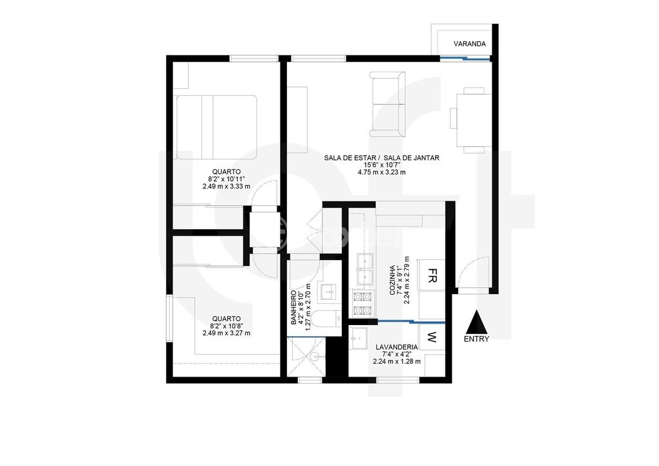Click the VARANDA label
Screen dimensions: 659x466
point(469,44)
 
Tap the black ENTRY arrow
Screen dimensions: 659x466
point(476,322)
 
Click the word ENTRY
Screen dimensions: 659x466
point(477,339)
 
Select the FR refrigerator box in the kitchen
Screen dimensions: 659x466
point(431,275)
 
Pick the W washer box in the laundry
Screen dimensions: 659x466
point(432,336)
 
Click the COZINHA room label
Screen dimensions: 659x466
point(392,280)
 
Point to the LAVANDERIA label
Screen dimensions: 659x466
point(396,347)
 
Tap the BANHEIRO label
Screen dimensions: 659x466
point(293,308)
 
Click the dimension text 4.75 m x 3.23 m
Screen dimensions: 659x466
point(382,172)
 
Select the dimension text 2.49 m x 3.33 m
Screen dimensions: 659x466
point(226,186)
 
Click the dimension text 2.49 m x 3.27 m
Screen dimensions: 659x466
point(226,333)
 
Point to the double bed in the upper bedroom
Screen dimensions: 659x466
point(216,127)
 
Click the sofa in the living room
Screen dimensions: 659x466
point(387,104)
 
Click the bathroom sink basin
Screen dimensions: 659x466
point(328,292)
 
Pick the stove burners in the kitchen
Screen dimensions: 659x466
point(363,303)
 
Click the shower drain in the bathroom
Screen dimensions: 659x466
point(315,357)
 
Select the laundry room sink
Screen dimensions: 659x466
point(359,337)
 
